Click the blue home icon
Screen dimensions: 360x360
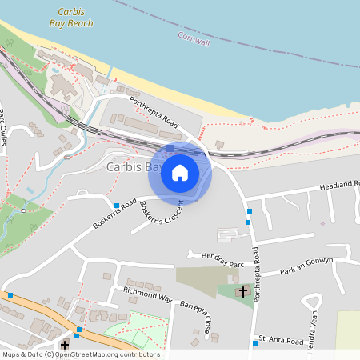[x=180, y=173]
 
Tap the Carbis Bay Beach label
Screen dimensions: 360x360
[x=75, y=18]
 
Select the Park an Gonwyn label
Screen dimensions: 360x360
[x=318, y=266]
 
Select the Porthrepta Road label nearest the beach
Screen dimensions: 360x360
[x=154, y=110]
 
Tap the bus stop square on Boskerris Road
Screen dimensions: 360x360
[x=117, y=206]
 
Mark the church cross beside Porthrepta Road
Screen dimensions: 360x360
[x=243, y=292]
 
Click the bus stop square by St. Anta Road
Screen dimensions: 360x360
[x=255, y=343]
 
